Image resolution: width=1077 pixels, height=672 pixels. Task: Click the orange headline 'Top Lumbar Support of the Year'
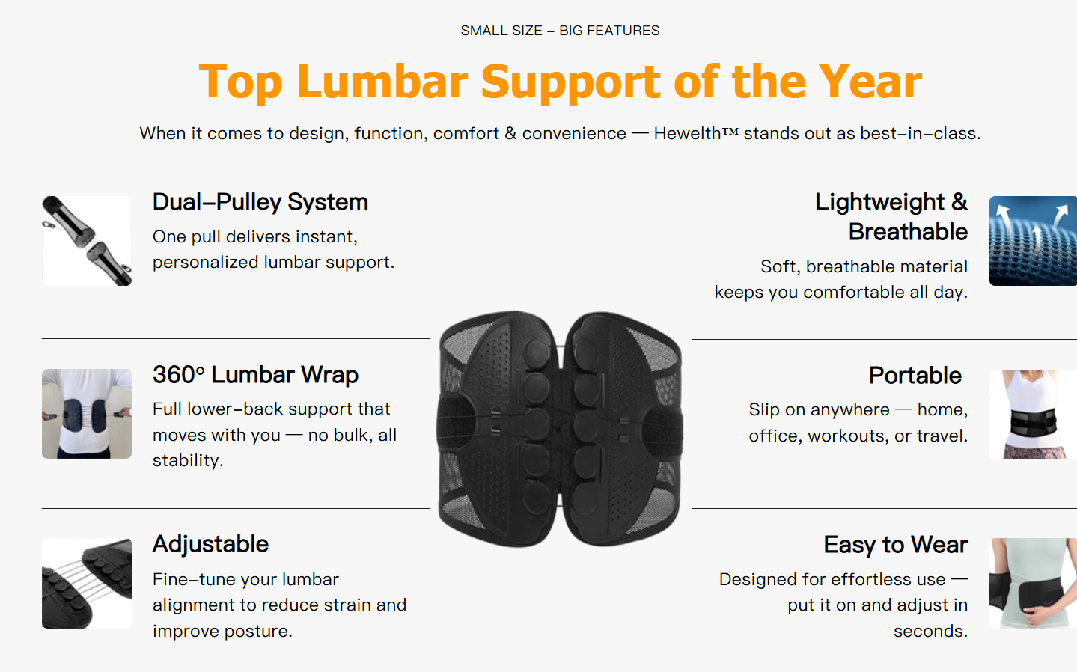pyautogui.click(x=560, y=82)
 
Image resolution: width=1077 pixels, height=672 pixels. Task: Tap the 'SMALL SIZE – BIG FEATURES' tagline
pyautogui.click(x=560, y=31)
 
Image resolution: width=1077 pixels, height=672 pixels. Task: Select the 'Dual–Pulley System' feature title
pyautogui.click(x=260, y=202)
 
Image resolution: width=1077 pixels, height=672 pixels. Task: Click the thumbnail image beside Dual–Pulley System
pyautogui.click(x=87, y=241)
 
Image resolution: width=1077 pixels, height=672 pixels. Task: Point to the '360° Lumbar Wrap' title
pyautogui.click(x=255, y=375)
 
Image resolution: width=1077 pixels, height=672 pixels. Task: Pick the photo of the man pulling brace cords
pyautogui.click(x=87, y=414)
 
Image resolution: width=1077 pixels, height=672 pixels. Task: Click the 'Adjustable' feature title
pyautogui.click(x=210, y=545)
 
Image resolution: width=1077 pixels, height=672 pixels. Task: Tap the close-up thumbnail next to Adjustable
pyautogui.click(x=87, y=583)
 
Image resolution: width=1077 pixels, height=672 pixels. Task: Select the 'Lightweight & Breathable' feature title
pyautogui.click(x=891, y=217)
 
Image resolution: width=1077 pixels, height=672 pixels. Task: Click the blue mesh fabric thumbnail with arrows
pyautogui.click(x=1033, y=241)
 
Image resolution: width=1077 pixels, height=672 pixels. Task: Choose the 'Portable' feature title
pyautogui.click(x=915, y=376)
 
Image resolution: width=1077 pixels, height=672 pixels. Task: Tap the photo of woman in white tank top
pyautogui.click(x=1033, y=415)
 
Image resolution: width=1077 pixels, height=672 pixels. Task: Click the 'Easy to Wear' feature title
pyautogui.click(x=896, y=545)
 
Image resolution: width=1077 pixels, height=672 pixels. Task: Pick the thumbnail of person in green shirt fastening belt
pyautogui.click(x=1033, y=583)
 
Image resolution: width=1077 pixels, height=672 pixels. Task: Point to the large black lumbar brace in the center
pyautogui.click(x=560, y=429)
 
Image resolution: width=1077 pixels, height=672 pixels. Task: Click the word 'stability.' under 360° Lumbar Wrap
pyautogui.click(x=188, y=460)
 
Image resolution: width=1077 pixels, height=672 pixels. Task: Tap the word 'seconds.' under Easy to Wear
pyautogui.click(x=931, y=631)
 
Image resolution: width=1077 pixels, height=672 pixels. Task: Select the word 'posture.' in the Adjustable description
pyautogui.click(x=259, y=631)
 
